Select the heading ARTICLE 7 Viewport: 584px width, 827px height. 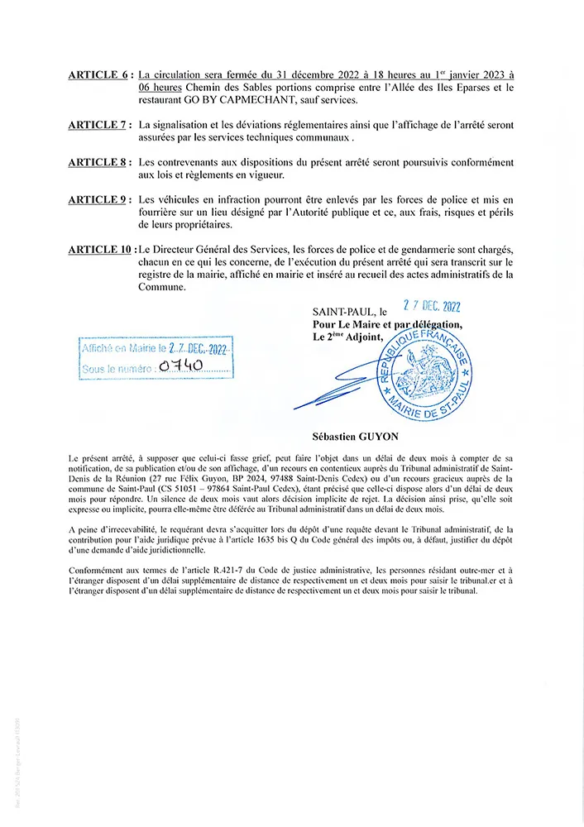(x=96, y=125)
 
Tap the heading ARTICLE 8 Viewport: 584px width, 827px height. (x=96, y=162)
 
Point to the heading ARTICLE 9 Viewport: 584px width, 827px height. (x=96, y=199)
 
